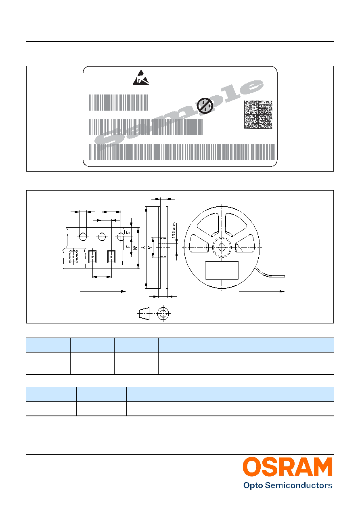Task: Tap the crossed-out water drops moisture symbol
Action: tap(205, 106)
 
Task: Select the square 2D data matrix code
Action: tap(258, 114)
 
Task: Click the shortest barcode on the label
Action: tap(118, 103)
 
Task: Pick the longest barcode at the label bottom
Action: tap(182, 152)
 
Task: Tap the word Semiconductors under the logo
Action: tap(299, 486)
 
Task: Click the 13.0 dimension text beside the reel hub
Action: tap(174, 230)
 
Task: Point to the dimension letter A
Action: tap(143, 247)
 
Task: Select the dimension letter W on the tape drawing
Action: tap(135, 247)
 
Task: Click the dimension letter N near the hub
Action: tap(150, 248)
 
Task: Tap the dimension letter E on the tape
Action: tap(128, 233)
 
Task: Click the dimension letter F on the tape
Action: tap(128, 247)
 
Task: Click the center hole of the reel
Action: tap(222, 247)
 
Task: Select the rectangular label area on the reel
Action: tap(222, 271)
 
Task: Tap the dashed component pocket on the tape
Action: tap(73, 257)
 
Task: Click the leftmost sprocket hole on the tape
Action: tap(83, 237)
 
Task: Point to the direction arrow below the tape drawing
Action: tap(103, 291)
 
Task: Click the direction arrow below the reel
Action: tap(262, 291)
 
